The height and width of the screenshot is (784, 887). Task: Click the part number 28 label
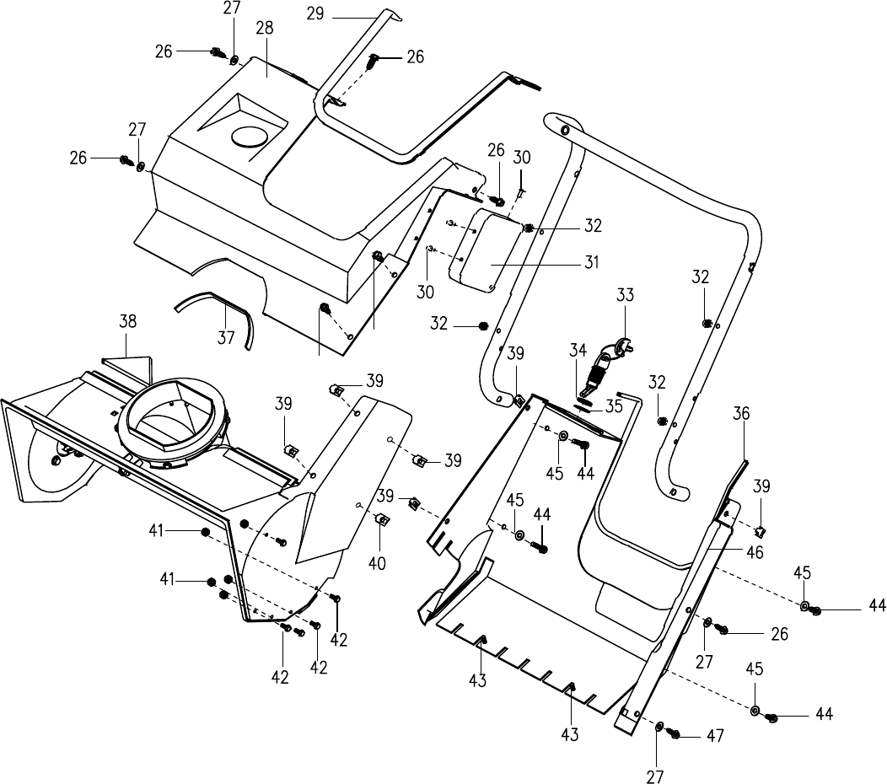(x=264, y=29)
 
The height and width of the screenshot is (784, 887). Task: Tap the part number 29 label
(x=315, y=13)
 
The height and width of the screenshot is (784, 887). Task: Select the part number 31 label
(x=592, y=262)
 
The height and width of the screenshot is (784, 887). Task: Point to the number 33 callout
(x=625, y=295)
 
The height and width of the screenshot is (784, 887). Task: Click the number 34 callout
(x=578, y=350)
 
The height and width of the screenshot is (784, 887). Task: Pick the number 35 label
(x=613, y=405)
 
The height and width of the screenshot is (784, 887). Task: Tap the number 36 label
(x=741, y=413)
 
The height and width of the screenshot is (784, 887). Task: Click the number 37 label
(x=226, y=338)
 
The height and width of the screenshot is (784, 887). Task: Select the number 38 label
(x=128, y=321)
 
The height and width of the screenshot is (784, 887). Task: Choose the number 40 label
(x=377, y=563)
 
